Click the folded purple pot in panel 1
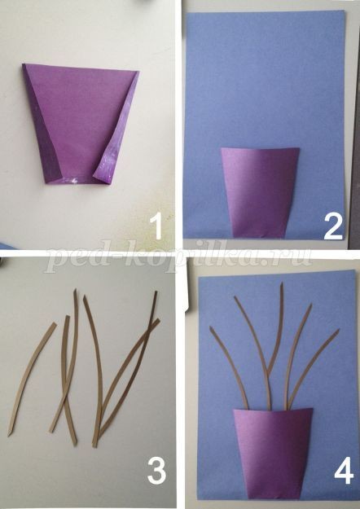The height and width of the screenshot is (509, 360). point(81,123)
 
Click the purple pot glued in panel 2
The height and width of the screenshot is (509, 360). point(260,192)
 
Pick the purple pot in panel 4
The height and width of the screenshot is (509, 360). point(274,453)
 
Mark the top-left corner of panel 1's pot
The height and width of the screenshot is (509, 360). point(24,64)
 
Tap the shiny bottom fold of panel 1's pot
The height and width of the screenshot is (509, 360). point(77,180)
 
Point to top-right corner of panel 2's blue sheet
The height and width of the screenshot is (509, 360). point(344,11)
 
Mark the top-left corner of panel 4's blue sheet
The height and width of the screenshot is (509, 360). point(199,277)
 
